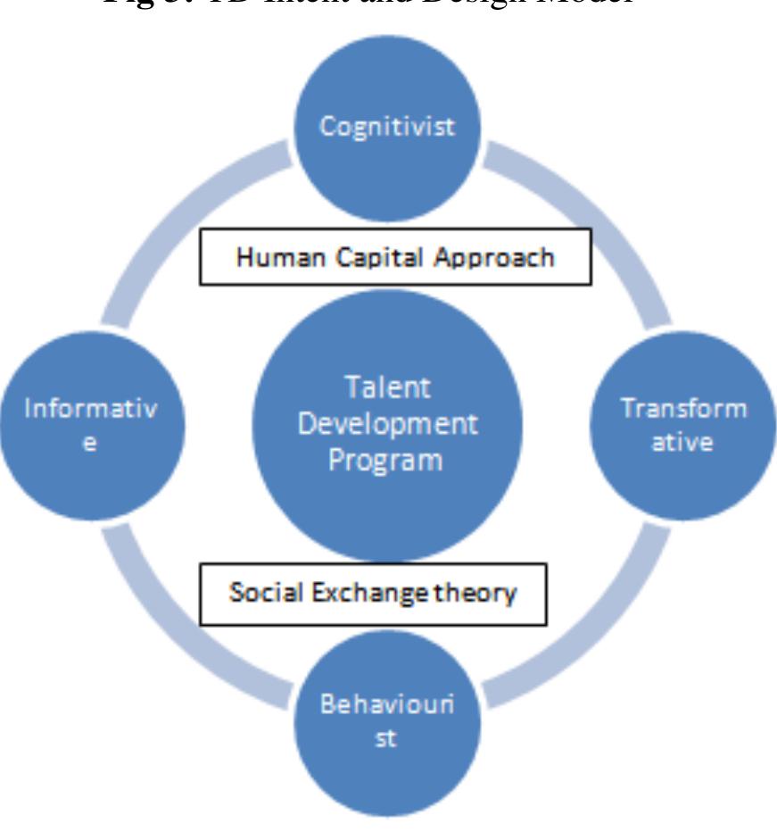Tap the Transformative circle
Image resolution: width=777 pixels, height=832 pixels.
683,424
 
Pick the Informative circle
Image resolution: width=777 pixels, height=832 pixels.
93,424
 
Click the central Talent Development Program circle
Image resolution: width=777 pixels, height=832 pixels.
387,424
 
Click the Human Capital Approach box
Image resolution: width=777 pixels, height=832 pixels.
394,257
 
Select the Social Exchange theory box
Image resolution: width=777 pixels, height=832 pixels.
372,593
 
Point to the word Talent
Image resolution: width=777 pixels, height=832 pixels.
387,389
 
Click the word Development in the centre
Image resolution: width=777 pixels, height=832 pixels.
387,424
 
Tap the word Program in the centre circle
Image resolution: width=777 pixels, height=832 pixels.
387,461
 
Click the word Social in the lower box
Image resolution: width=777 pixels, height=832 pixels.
259,593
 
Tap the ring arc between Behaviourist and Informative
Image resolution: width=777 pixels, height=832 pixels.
178,634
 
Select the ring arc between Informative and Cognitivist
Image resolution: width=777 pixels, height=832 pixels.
178,214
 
